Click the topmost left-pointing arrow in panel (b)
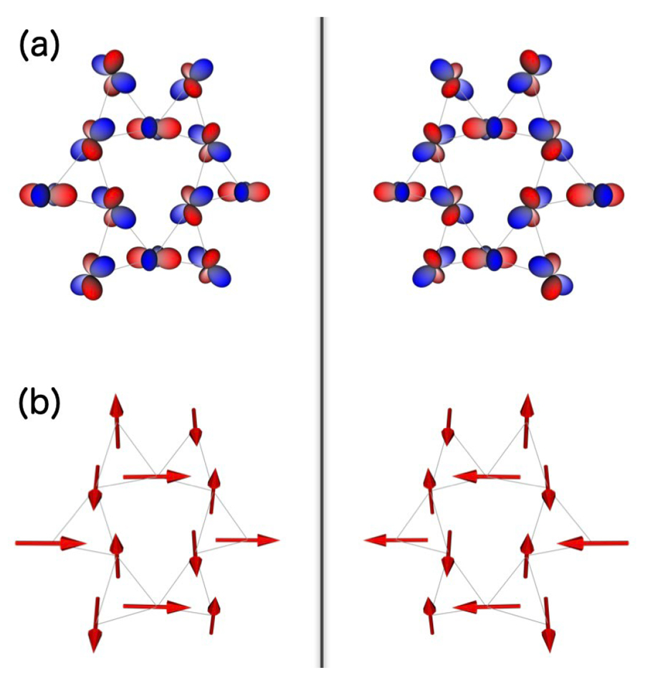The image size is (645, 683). [487, 475]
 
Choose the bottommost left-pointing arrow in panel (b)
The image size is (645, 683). [487, 608]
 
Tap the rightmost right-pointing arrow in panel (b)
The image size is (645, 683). [247, 540]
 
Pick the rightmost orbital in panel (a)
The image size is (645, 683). [595, 194]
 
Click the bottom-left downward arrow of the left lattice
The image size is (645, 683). [95, 624]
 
